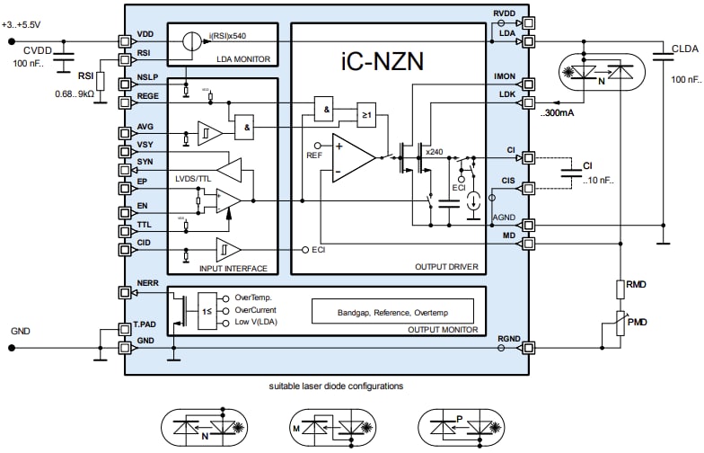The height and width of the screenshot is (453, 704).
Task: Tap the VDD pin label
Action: coord(145,33)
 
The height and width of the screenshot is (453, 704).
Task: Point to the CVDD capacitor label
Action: coord(39,49)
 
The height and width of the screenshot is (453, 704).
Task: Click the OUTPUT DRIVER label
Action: coord(445,267)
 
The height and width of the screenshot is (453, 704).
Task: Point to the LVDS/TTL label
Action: coord(198,179)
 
